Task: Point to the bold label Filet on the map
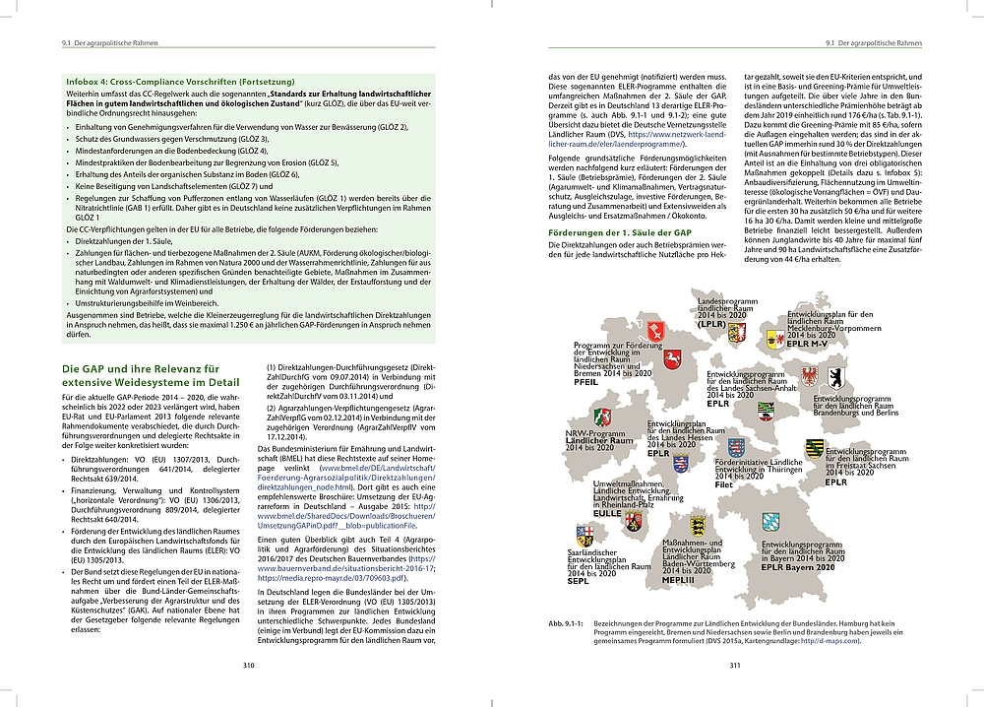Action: coord(723,485)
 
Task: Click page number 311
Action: coord(734,665)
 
